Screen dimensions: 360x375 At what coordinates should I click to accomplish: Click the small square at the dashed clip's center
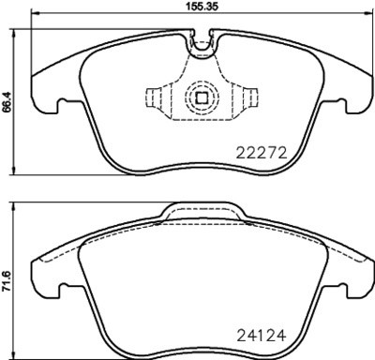tap(200, 97)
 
